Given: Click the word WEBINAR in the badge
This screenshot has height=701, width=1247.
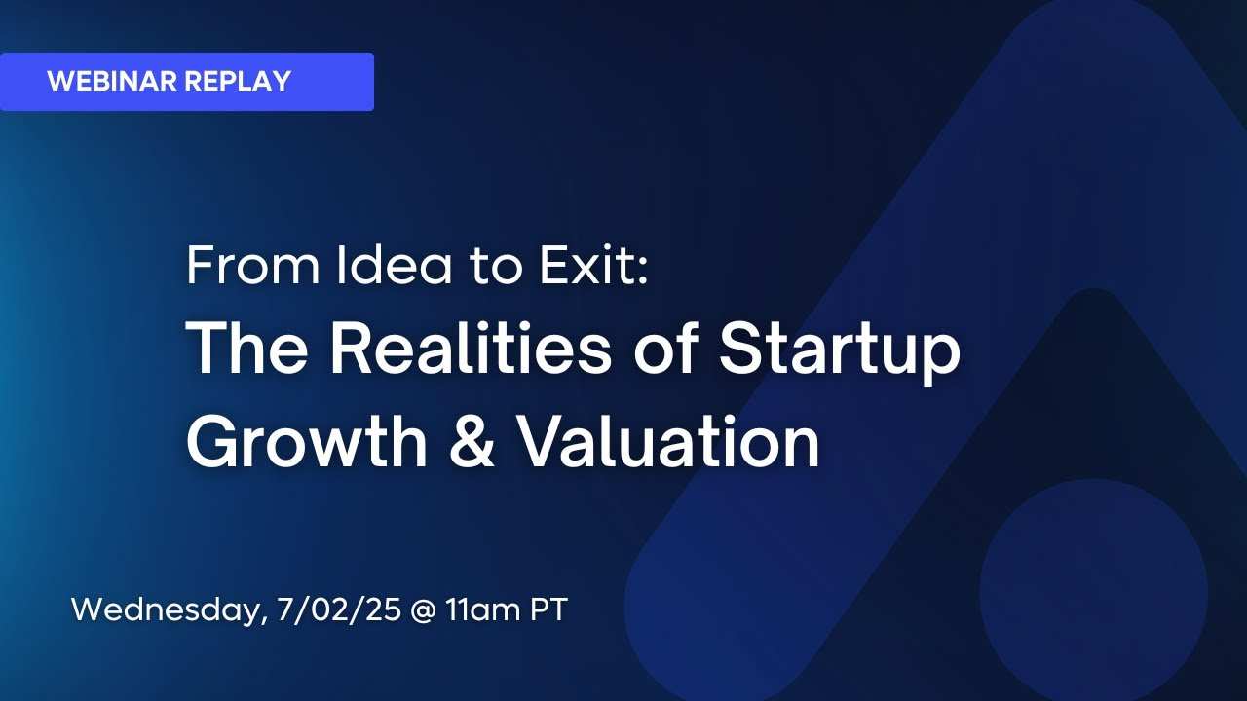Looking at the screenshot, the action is tap(112, 81).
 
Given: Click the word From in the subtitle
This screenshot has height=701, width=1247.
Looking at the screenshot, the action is tap(253, 266).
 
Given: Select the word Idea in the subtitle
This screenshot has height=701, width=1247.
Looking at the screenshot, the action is tap(395, 266).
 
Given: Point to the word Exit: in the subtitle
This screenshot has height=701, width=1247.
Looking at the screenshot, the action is tap(594, 265).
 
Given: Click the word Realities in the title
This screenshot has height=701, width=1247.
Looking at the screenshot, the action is tap(471, 349).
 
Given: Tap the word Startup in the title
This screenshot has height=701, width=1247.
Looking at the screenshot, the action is tap(840, 352).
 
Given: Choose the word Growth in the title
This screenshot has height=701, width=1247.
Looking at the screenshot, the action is tap(307, 441).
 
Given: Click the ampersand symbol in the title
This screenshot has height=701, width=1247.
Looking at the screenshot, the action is tap(472, 441).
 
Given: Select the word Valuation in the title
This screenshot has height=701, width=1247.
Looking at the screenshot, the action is tap(668, 441).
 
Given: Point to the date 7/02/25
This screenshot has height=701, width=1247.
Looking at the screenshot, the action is tap(339, 609).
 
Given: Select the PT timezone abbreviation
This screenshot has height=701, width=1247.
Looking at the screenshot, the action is tap(548, 609).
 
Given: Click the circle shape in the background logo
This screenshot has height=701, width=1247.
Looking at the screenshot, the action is tap(1093, 593).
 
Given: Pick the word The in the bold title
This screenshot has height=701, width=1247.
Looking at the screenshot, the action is tap(246, 349).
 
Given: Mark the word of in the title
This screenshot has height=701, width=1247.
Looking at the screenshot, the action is tap(665, 349).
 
